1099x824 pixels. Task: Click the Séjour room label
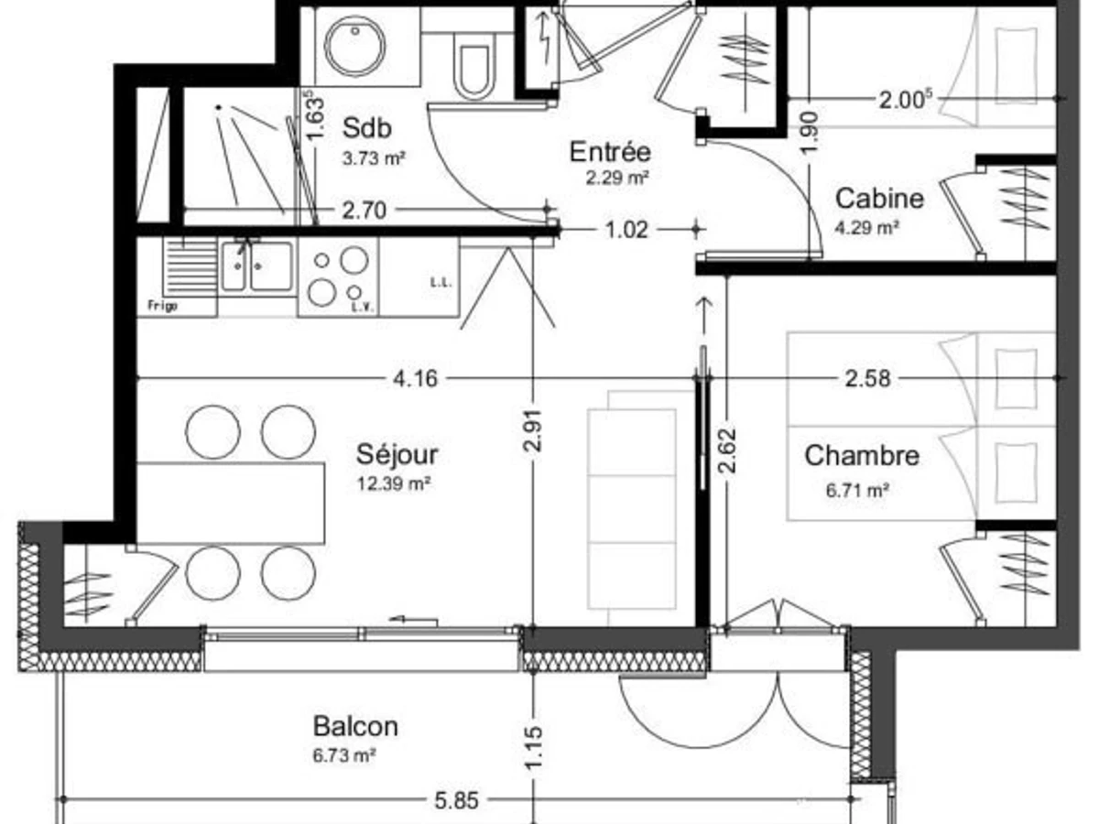(x=397, y=455)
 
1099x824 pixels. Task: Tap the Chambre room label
(x=862, y=456)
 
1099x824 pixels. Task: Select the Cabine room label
(x=879, y=199)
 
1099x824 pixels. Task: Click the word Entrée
(x=610, y=152)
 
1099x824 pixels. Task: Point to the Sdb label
(x=366, y=128)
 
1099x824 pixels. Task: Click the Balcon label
(x=355, y=726)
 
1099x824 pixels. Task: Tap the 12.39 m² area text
(x=394, y=483)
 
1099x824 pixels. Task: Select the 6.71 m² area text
(x=857, y=491)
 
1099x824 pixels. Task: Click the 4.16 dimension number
(x=415, y=378)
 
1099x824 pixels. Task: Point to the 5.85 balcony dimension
(x=456, y=801)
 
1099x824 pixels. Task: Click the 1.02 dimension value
(x=626, y=230)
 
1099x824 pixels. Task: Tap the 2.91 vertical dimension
(x=533, y=430)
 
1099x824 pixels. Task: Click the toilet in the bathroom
(x=473, y=66)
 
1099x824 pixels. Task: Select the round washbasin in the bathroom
(x=355, y=47)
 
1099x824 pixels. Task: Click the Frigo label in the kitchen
(x=163, y=305)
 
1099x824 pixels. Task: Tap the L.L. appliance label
(x=441, y=283)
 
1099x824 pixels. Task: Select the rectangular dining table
(x=230, y=504)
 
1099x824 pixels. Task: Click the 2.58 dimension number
(x=867, y=378)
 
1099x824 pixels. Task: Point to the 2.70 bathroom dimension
(x=364, y=211)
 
